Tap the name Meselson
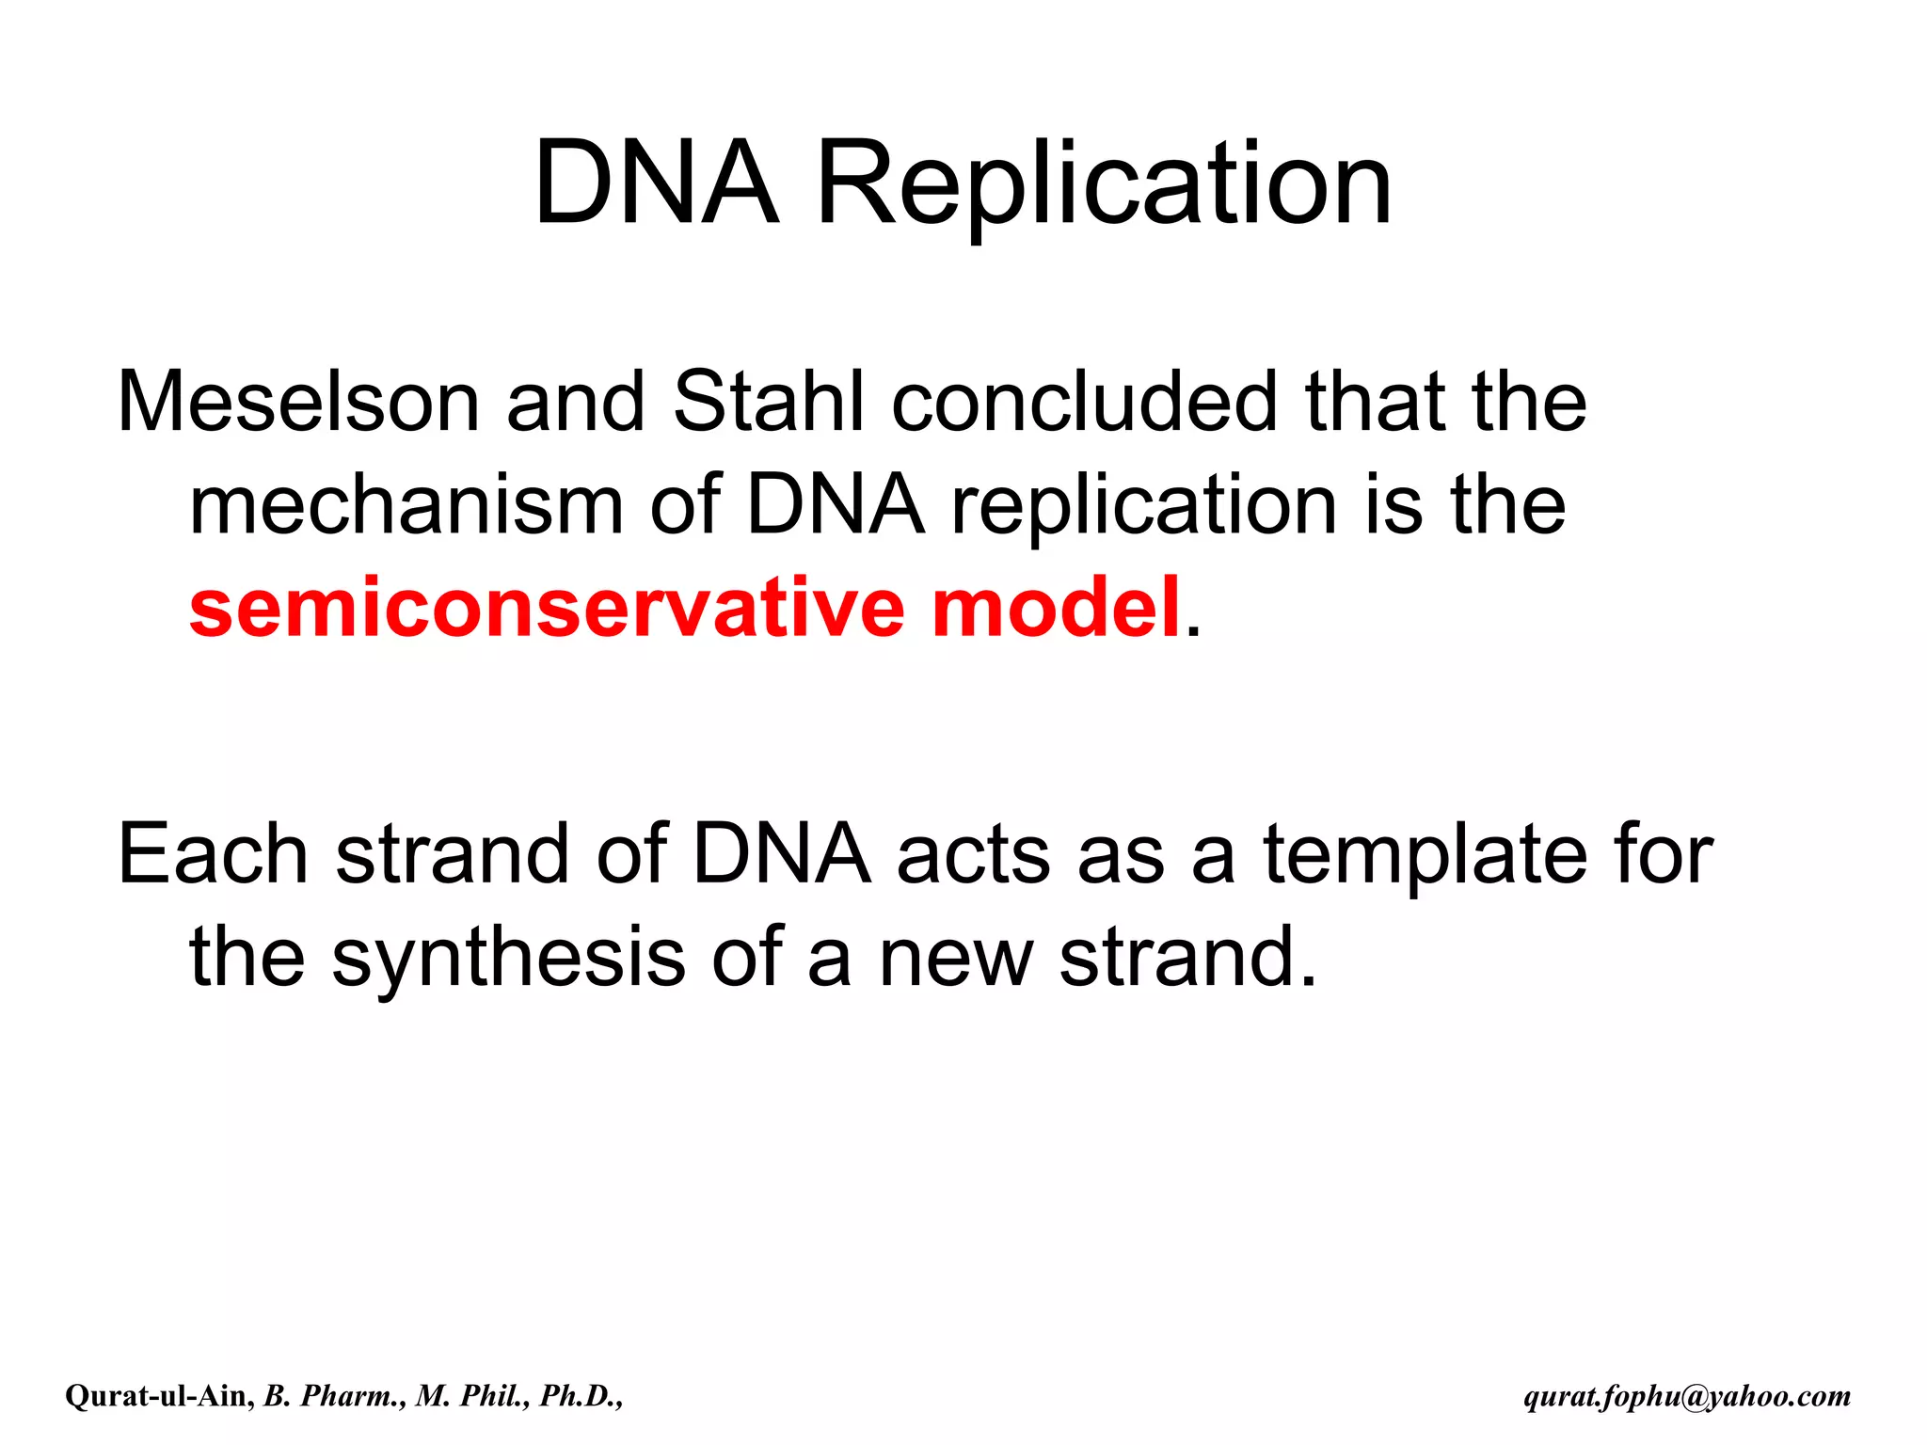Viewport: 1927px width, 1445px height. (298, 403)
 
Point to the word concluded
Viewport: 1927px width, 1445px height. (1085, 403)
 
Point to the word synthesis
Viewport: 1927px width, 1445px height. (508, 958)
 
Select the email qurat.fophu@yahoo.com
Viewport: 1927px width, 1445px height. (1687, 1396)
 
